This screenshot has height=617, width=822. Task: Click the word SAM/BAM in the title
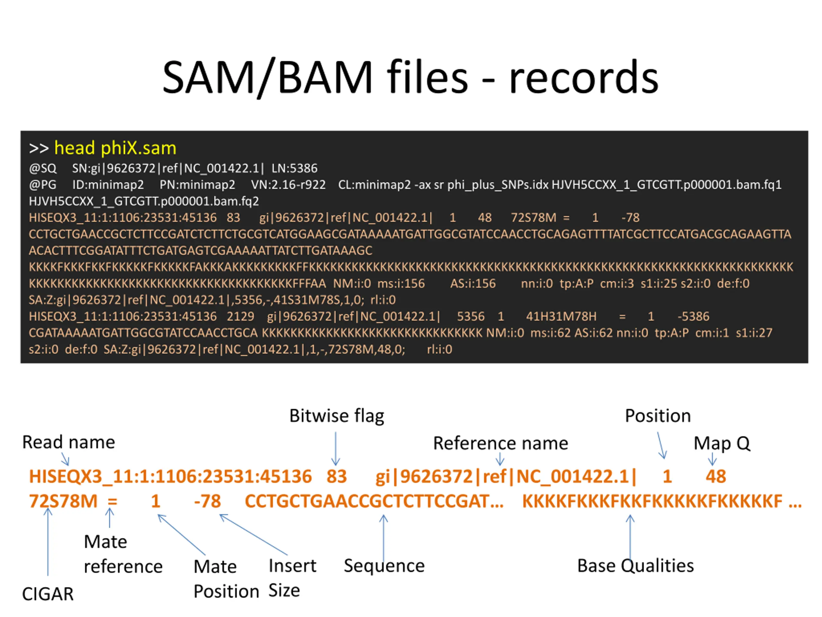point(267,77)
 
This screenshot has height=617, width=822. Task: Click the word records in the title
point(583,77)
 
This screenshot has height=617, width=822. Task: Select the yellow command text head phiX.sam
point(115,148)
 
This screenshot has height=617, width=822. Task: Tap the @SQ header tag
point(43,168)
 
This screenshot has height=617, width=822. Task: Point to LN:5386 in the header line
point(294,168)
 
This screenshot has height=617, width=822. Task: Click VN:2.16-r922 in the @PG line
point(288,185)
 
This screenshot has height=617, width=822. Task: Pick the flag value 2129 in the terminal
point(240,317)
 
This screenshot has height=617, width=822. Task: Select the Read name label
point(69,442)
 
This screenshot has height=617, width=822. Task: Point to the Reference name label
point(501,443)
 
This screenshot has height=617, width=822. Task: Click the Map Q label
point(722,443)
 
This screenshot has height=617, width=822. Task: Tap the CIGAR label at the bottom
point(48,594)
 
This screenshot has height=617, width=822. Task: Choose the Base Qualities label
point(635,566)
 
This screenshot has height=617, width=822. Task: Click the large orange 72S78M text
point(63,501)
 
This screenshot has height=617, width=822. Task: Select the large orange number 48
point(716,477)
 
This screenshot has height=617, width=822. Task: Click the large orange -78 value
point(207,501)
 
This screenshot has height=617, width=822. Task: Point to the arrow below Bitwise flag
point(336,449)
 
